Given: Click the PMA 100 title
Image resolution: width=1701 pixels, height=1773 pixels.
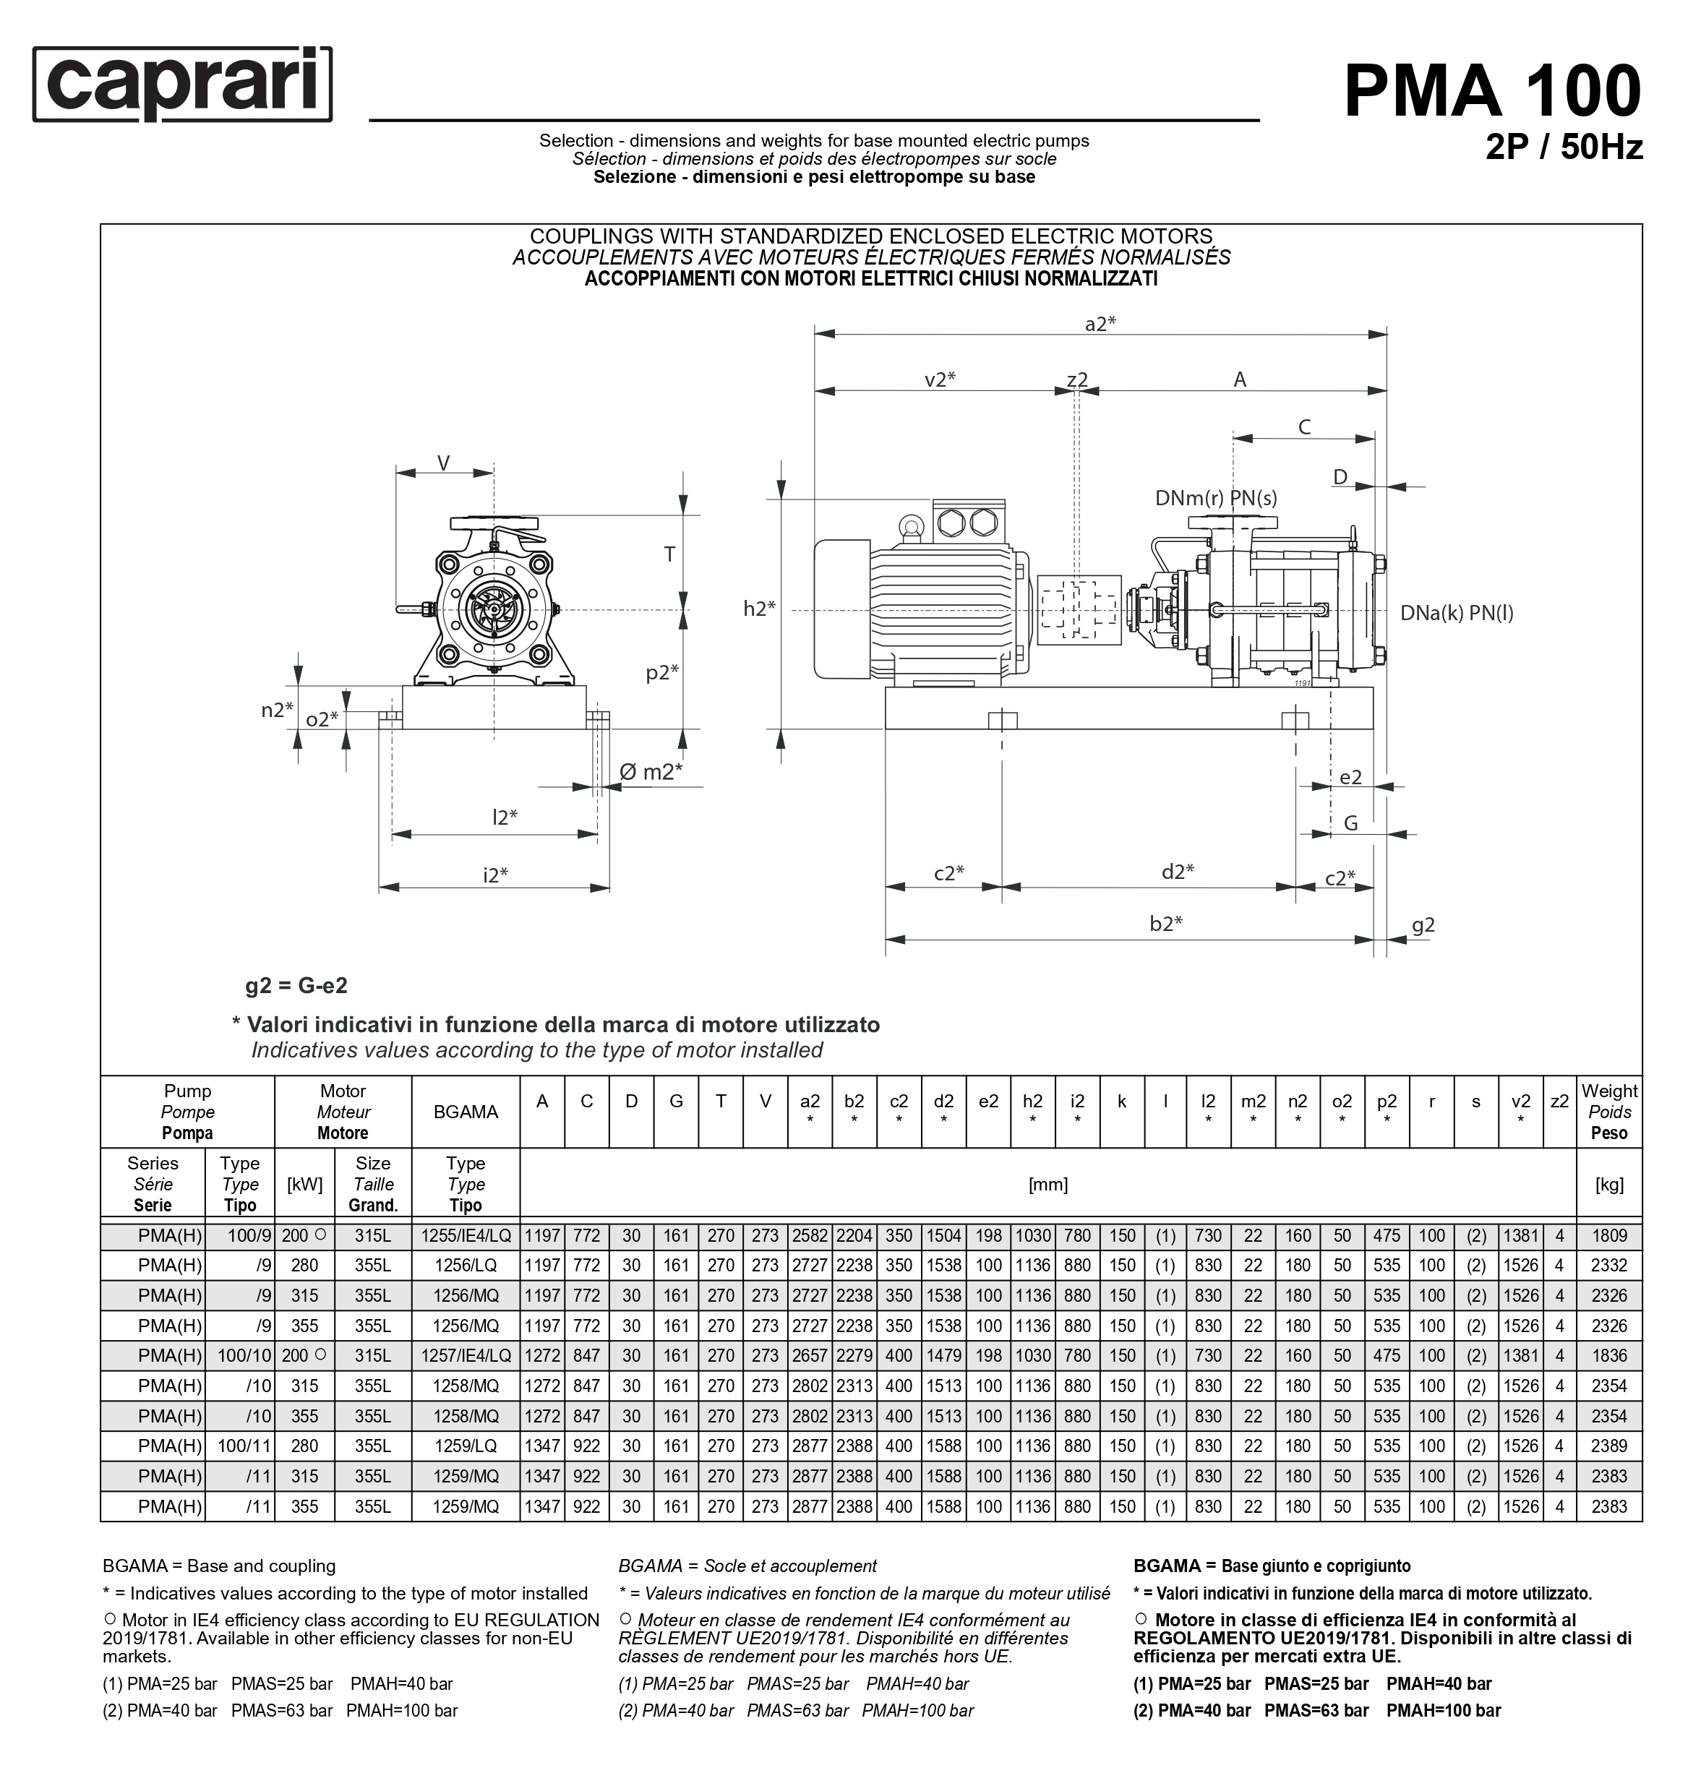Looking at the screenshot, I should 1491,90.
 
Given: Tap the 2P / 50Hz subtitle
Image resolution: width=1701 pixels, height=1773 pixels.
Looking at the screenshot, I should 1563,147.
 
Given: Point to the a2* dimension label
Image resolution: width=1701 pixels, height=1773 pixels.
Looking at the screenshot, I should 1100,324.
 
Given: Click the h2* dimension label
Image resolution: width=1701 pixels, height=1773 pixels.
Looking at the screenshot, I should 759,609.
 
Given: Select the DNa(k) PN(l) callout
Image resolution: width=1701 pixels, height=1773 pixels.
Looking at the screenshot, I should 1456,612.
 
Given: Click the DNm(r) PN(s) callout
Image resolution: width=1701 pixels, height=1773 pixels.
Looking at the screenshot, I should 1215,497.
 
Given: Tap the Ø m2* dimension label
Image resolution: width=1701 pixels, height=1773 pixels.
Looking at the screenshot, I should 650,772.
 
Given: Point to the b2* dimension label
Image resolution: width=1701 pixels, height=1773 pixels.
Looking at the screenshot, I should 1165,923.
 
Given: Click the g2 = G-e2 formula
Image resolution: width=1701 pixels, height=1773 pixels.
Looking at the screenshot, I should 296,985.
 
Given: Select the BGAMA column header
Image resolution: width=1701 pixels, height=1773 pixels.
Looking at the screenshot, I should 465,1112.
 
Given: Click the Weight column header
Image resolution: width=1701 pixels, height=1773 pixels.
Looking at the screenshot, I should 1608,1112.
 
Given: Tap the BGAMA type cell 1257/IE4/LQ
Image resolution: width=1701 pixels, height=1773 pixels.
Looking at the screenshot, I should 465,1356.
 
